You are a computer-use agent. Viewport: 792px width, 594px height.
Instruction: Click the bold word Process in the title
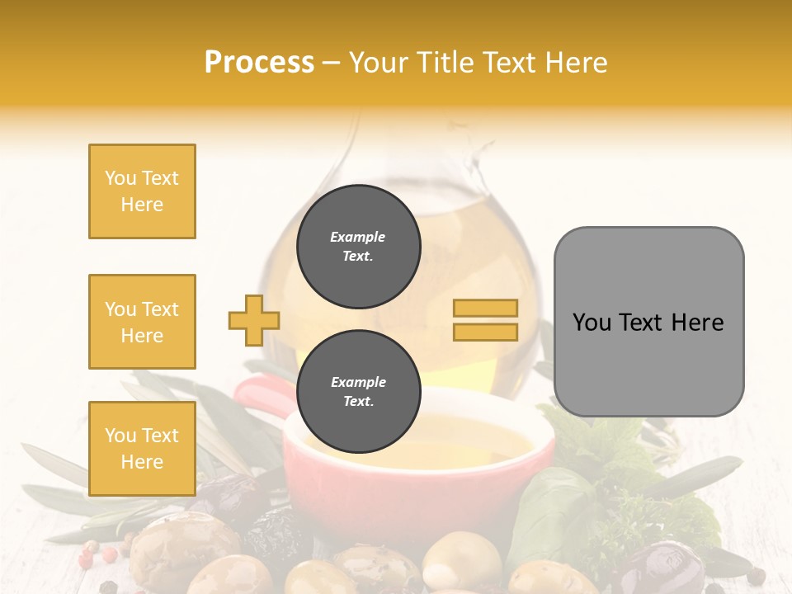point(259,63)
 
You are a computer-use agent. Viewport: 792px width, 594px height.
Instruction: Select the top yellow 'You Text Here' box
point(142,191)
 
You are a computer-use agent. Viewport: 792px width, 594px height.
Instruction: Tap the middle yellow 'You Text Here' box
point(142,322)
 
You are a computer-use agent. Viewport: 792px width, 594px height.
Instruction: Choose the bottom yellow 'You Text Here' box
point(142,449)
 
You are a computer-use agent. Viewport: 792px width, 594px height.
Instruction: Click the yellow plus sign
point(254,320)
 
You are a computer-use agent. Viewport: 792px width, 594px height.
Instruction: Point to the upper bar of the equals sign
point(485,309)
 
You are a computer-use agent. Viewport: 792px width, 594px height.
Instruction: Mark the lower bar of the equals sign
point(485,332)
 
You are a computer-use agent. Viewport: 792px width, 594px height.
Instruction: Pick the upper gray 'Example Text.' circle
point(358,247)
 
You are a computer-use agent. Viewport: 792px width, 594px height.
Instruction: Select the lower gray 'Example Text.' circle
point(358,392)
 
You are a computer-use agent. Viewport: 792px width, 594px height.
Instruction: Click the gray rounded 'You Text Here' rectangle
point(648,322)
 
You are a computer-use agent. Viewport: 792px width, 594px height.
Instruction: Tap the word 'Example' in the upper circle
point(358,237)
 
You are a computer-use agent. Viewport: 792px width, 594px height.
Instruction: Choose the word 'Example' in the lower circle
point(358,382)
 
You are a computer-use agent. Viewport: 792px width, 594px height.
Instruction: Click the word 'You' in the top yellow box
point(119,178)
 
